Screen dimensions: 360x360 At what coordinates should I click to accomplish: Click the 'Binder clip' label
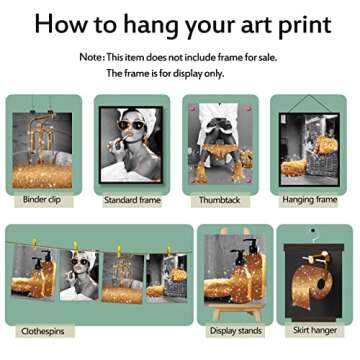(x=41, y=200)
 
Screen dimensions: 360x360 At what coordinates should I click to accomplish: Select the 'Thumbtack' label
(x=222, y=200)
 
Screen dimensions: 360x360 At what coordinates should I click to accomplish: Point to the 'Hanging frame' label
(x=312, y=200)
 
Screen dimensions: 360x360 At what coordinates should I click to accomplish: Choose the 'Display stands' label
(x=235, y=330)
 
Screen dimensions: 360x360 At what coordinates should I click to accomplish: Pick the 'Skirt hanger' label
(x=315, y=330)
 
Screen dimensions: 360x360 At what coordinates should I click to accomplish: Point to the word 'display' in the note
(x=193, y=73)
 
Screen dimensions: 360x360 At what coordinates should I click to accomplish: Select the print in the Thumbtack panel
(x=222, y=147)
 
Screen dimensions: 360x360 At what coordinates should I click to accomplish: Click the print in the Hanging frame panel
(x=311, y=150)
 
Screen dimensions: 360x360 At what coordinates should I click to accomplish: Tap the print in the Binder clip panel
(x=42, y=151)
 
